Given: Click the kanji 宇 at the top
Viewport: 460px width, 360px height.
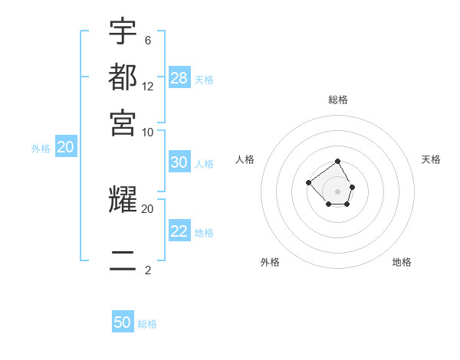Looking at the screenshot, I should point(123,31).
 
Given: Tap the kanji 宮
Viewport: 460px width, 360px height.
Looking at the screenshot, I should point(123,122).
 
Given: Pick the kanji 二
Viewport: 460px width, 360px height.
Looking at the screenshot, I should point(123,260).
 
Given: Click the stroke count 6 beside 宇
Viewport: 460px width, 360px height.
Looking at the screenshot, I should point(147,40).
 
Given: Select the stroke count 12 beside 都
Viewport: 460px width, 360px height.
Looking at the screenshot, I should point(148,86).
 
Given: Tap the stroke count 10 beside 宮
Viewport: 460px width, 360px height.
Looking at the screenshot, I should point(148,132).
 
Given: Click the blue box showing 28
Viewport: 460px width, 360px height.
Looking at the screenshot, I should point(179,78).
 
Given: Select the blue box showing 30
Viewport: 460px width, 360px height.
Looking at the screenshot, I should point(179,162).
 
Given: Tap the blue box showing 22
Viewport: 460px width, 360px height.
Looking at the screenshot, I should point(179,231).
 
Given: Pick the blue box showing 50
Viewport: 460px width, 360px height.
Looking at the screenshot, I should point(123,322).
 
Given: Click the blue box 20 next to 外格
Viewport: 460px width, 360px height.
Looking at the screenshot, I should point(65,148).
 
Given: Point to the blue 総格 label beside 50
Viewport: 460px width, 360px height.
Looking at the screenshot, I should point(147,324).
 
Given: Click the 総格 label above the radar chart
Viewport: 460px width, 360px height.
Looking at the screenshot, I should point(337,100).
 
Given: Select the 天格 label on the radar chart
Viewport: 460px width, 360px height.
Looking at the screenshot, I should point(431,159).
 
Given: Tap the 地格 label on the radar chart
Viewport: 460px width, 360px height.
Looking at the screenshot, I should point(402,262).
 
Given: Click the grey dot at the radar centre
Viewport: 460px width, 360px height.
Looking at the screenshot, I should point(337,191).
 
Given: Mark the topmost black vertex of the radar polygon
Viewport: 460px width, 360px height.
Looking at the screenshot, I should point(337,162).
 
